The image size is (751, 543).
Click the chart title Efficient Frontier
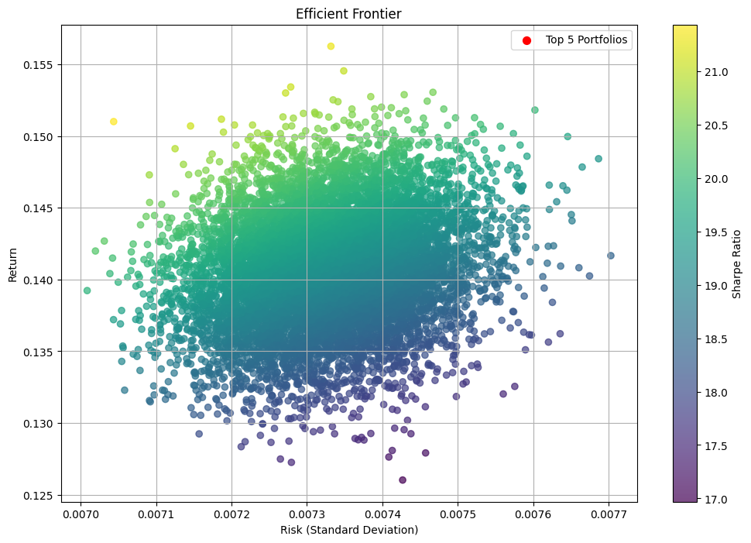pos(349,14)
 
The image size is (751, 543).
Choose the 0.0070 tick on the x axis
pos(81,514)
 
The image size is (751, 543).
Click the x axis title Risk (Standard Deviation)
pos(349,530)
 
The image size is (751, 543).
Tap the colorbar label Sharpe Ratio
pos(736,263)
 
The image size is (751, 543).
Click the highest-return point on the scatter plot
pos(331,46)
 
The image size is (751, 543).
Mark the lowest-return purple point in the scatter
pos(403,480)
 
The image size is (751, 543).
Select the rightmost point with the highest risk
pos(611,256)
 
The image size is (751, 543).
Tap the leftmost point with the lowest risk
pos(87,290)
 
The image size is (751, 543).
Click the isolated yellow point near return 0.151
pos(114,122)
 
